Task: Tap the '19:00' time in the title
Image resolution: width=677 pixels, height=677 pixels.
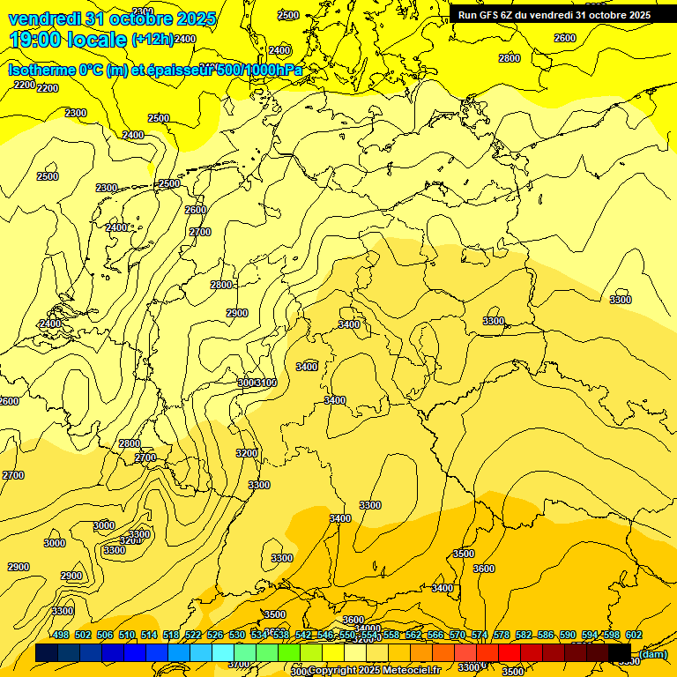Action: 34,40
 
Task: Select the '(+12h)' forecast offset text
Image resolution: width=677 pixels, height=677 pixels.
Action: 152,40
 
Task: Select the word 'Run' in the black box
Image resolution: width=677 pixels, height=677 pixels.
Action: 468,15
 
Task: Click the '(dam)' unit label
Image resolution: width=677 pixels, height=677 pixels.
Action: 652,654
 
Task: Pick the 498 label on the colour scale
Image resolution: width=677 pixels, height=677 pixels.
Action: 60,636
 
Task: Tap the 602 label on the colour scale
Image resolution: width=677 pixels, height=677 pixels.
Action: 634,636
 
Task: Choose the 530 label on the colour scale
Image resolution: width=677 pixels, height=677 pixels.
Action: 237,636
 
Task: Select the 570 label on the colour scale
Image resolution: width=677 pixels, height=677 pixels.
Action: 458,636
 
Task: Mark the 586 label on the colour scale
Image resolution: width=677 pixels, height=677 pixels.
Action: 546,636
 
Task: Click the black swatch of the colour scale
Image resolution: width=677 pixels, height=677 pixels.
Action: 620,653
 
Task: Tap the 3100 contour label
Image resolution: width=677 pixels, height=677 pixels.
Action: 266,383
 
